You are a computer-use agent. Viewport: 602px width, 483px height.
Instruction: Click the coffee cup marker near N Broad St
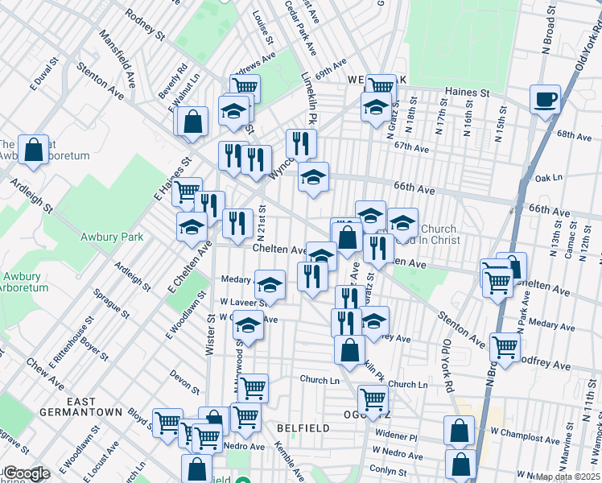[545, 100]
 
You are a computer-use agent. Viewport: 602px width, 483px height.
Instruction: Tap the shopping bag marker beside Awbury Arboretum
[33, 151]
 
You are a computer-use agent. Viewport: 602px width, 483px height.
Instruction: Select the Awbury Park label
[111, 237]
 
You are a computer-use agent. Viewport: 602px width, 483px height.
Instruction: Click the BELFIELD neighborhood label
[303, 428]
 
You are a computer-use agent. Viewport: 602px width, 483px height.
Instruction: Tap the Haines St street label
[474, 93]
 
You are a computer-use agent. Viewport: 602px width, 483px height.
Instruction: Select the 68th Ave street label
[574, 134]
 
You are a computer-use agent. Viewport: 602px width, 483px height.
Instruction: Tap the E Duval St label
[45, 72]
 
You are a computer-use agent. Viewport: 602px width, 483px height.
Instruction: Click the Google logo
[27, 473]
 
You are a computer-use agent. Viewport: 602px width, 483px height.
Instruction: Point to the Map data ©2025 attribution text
[568, 477]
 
